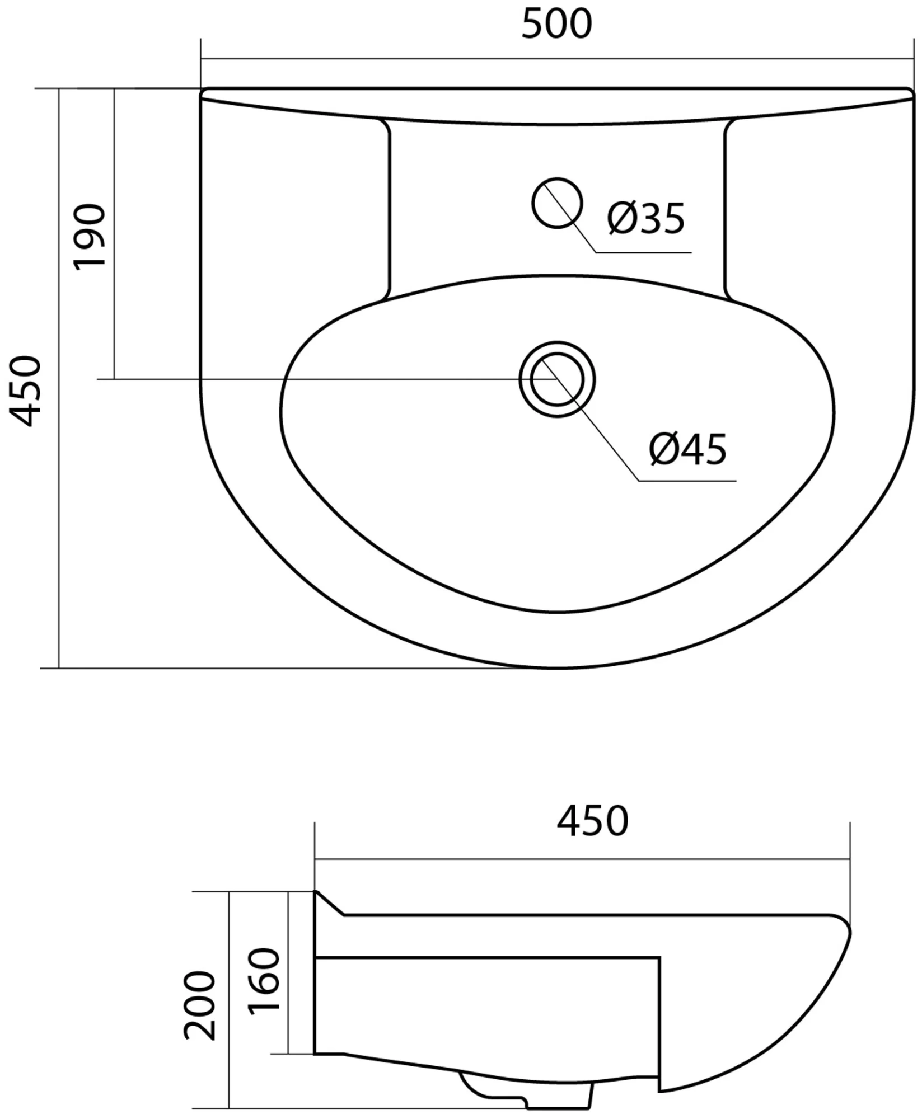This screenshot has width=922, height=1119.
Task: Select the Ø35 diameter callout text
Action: pos(646,218)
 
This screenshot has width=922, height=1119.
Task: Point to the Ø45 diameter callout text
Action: pos(688,449)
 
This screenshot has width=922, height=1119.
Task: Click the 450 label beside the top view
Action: pos(26,391)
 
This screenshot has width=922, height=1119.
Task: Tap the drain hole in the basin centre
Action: pos(557,379)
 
